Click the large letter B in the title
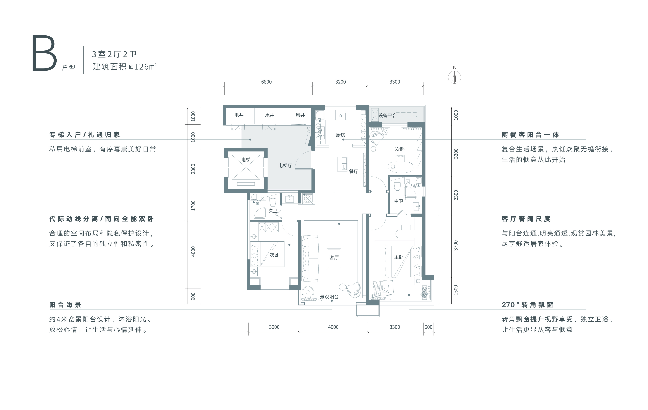(44, 53)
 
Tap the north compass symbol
(455, 77)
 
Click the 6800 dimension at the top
(266, 82)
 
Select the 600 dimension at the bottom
(428, 327)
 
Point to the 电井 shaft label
(239, 115)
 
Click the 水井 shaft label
(270, 115)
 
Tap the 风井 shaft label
(300, 115)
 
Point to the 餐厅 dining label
(354, 171)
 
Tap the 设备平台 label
(388, 116)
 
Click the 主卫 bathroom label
(398, 201)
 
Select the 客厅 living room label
(334, 258)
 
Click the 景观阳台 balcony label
(329, 297)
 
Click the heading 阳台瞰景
(65, 305)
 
